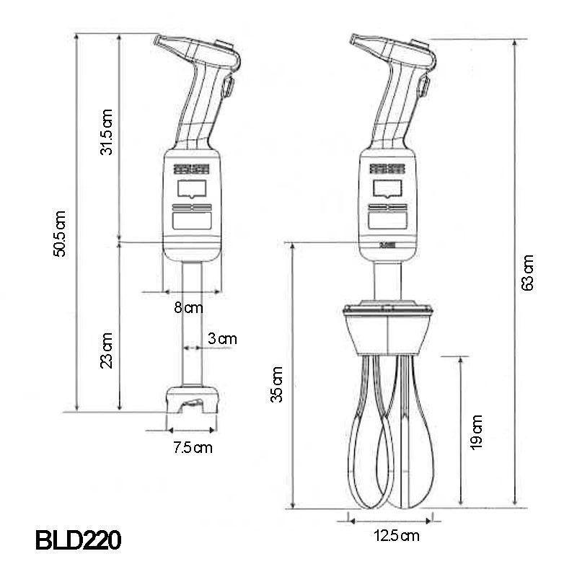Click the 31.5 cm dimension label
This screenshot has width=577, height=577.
coord(107,131)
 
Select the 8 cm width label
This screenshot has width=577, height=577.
coord(189,308)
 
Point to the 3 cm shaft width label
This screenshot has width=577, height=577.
coord(222,338)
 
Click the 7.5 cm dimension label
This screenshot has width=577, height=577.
coord(193,447)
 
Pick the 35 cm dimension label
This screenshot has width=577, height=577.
coord(277,384)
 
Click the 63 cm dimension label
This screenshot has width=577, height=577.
coord(529,273)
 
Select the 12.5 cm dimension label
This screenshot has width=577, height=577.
coord(396,535)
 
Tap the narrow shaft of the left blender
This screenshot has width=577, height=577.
coord(191,325)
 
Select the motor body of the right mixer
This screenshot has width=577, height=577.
coord(387,202)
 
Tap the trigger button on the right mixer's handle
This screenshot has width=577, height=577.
coord(424,89)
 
